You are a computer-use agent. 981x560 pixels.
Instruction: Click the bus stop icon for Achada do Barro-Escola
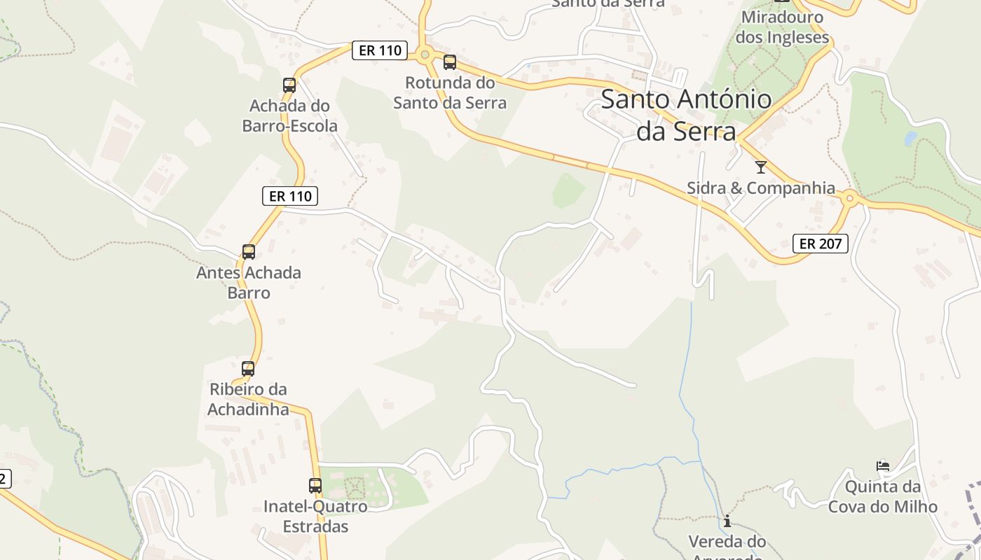289,85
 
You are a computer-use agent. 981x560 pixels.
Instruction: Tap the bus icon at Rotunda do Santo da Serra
450,62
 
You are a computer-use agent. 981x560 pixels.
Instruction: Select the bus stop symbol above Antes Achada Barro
248,252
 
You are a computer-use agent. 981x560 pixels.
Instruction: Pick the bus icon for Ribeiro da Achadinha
248,369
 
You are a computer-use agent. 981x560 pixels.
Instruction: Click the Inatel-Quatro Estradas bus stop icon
315,486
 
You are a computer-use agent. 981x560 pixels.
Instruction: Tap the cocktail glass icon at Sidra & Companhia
761,167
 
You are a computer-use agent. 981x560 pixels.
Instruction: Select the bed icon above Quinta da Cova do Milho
883,466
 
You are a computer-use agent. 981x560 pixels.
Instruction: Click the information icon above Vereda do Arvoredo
727,521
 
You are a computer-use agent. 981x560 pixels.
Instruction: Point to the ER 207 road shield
821,244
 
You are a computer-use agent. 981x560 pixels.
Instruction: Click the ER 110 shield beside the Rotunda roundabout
380,50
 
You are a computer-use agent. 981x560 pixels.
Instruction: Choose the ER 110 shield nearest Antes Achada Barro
290,196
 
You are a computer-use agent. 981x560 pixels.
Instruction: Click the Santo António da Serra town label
687,115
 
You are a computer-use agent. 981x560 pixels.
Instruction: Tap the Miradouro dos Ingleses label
782,27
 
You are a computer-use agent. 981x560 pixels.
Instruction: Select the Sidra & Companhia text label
761,188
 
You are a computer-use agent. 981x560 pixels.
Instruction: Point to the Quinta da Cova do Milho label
882,496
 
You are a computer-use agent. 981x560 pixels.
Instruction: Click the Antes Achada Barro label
249,282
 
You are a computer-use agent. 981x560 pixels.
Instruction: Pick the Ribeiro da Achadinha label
248,399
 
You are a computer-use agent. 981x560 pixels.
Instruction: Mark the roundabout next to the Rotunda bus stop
424,55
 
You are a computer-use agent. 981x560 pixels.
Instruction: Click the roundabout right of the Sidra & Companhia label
850,199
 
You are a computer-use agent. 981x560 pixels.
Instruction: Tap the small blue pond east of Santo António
910,138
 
